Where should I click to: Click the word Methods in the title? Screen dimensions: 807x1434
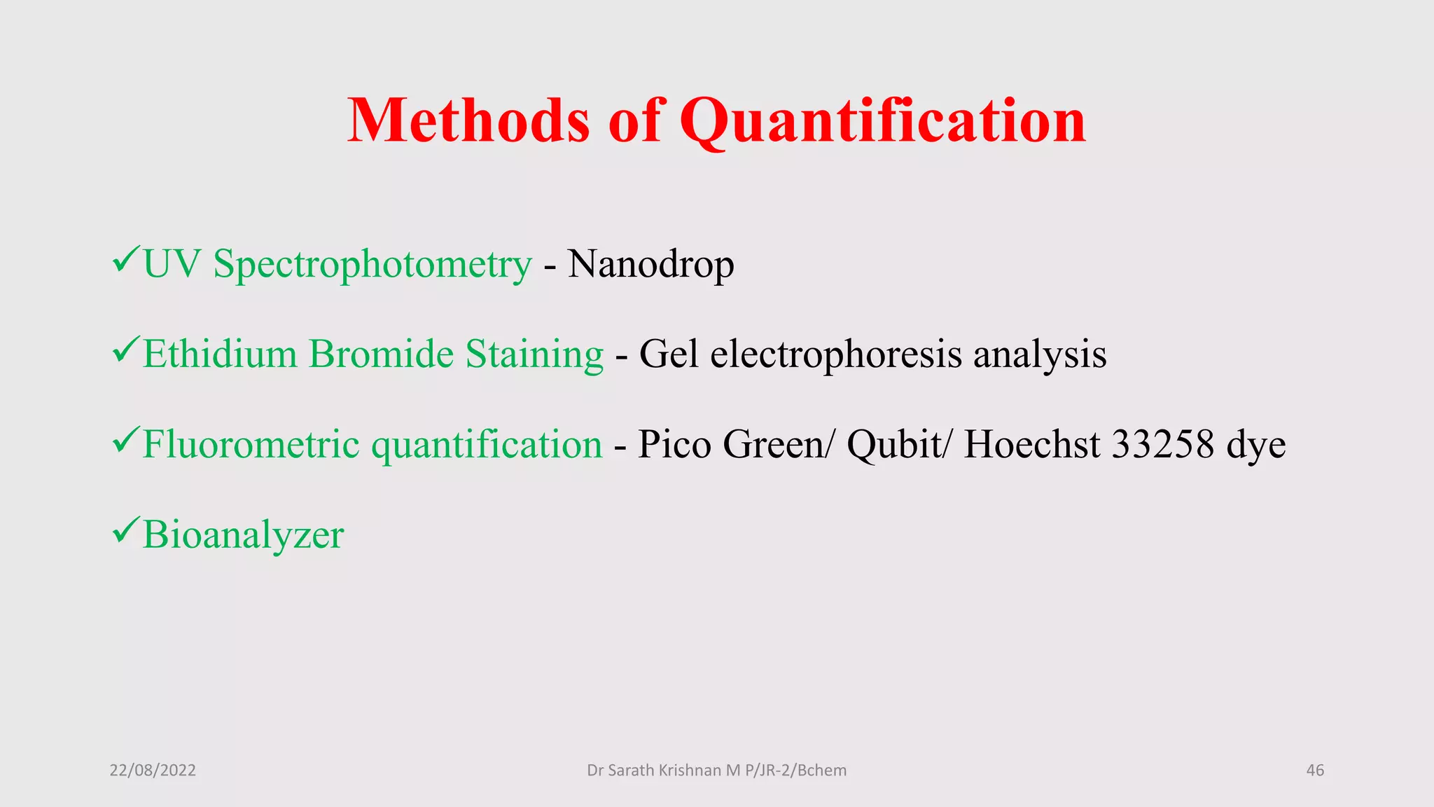point(468,120)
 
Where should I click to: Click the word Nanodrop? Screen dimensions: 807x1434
point(650,265)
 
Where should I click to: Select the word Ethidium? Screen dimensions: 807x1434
point(220,354)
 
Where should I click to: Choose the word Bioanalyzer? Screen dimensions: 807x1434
point(243,536)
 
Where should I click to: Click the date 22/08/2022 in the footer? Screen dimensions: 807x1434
point(153,771)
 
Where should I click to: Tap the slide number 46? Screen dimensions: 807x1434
point(1315,771)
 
